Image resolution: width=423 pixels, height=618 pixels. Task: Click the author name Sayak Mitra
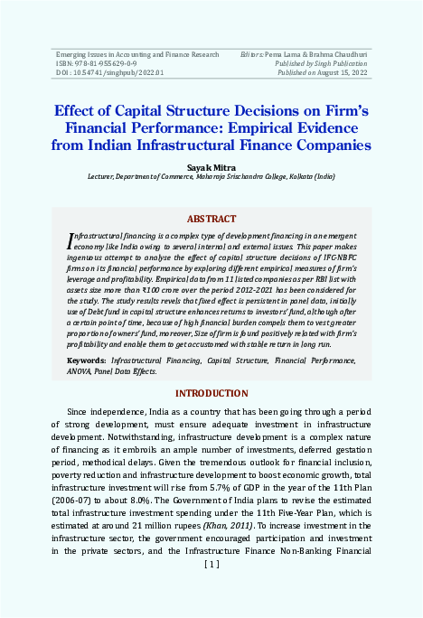tap(211, 168)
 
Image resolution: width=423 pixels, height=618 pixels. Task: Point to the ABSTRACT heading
tap(211, 219)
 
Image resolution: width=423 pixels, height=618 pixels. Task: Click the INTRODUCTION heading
tap(211, 394)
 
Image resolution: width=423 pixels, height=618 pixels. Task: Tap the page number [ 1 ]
tap(211, 565)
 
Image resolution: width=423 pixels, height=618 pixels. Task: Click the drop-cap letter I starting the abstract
tap(71, 240)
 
